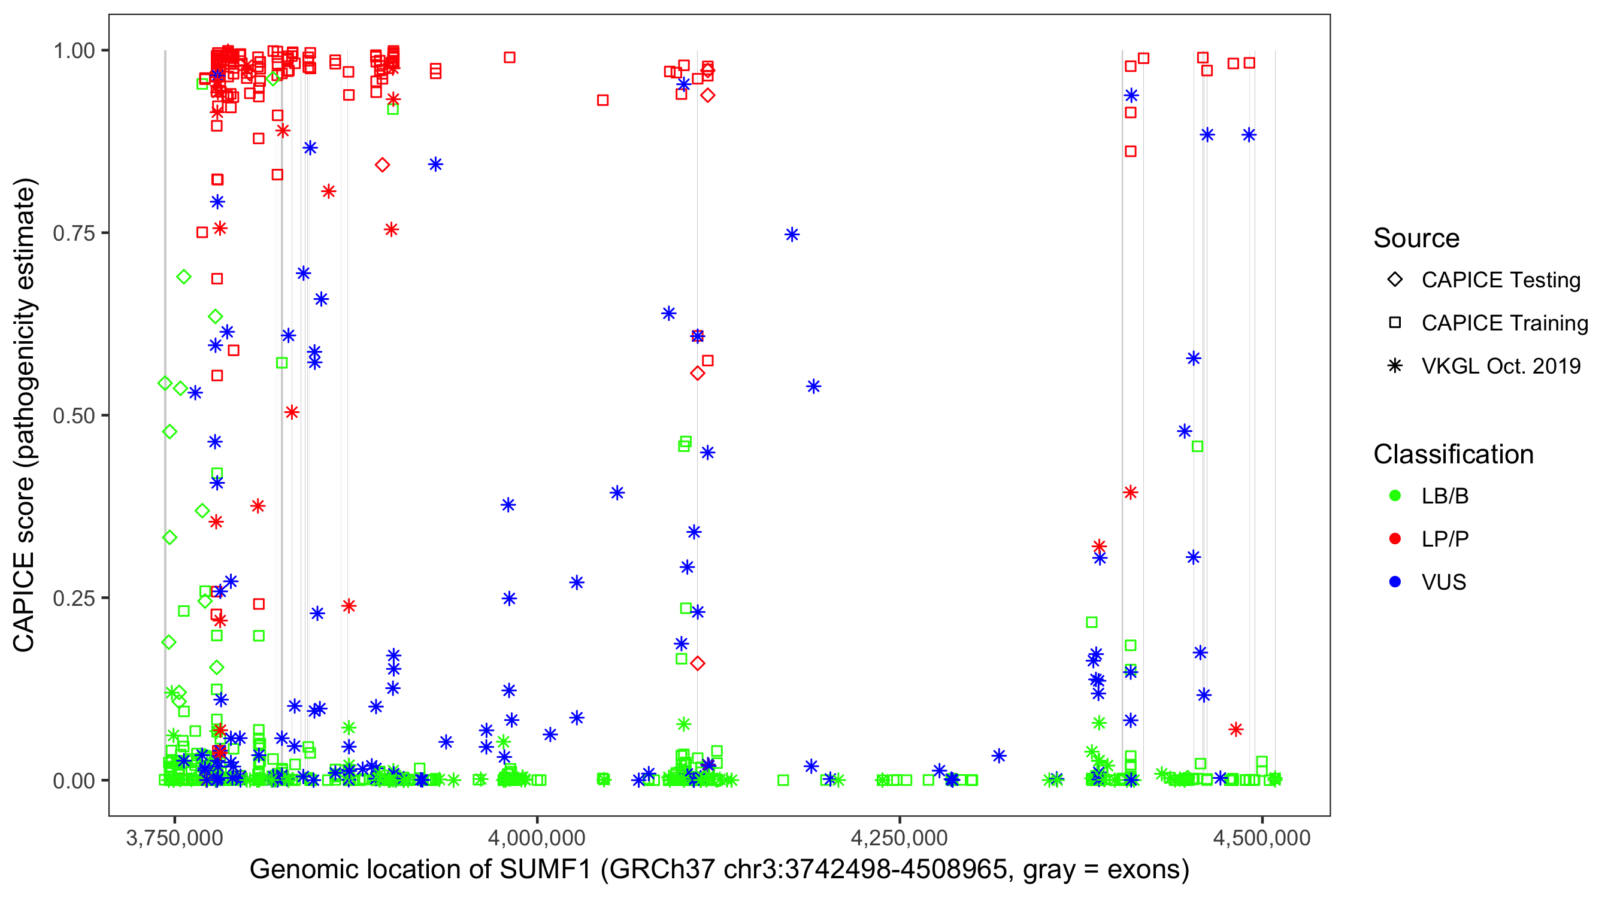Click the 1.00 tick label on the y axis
click(74, 50)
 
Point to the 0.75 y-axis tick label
click(74, 233)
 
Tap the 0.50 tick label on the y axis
click(74, 415)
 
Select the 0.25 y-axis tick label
click(74, 598)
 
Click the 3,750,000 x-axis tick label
click(174, 838)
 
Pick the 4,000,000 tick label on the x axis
click(537, 838)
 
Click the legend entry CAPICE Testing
click(1500, 280)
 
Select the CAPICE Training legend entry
click(1504, 323)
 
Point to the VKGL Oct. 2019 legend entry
click(1500, 366)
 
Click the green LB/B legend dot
click(1395, 496)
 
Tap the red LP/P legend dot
click(1395, 539)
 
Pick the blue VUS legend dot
click(1395, 582)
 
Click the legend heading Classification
click(1453, 454)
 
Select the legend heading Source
click(1416, 238)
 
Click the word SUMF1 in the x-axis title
click(546, 870)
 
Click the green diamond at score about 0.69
click(183, 277)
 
